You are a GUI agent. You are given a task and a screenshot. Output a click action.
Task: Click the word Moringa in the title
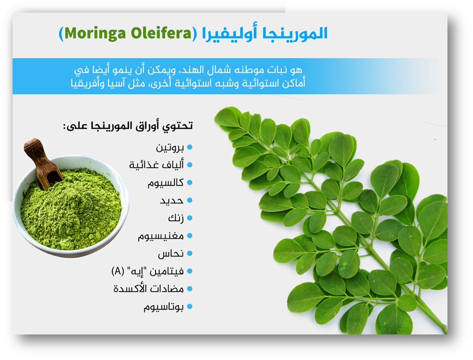point(95,33)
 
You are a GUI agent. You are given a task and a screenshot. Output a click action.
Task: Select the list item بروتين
point(170,148)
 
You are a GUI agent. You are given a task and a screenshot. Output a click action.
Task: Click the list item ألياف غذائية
point(156,165)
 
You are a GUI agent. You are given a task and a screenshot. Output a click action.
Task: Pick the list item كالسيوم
point(166,183)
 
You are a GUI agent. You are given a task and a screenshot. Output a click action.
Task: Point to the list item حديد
point(172,201)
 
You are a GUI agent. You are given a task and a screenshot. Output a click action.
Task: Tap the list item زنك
point(176,218)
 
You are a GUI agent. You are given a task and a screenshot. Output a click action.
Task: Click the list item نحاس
point(171,254)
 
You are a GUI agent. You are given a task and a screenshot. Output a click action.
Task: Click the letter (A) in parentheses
point(118,271)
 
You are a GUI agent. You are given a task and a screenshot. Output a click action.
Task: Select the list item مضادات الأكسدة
point(149,289)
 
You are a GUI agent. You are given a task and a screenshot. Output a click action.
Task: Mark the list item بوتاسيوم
point(164,307)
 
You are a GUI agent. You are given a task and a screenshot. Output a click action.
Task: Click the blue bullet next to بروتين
point(190,147)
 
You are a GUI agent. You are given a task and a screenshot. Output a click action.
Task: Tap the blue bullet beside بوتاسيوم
point(190,306)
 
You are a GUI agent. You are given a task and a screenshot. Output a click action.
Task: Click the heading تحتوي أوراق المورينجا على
point(128,126)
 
